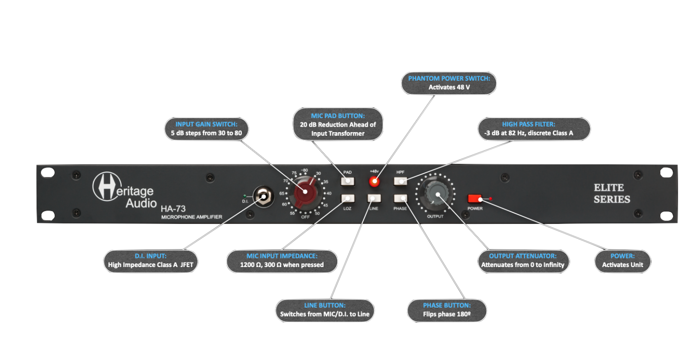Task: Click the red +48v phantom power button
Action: (374, 181)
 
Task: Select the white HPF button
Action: (401, 181)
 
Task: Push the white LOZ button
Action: (347, 199)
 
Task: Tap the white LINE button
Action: (374, 199)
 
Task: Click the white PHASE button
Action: (401, 199)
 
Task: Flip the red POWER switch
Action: (474, 199)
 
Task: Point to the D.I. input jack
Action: (263, 197)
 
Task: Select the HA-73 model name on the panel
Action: (173, 209)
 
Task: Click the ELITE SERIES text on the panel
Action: (612, 193)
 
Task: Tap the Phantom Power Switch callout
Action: (449, 82)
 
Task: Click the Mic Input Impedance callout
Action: (282, 260)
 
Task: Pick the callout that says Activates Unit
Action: (622, 260)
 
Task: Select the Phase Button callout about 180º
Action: (446, 310)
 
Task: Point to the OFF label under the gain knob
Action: (305, 217)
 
